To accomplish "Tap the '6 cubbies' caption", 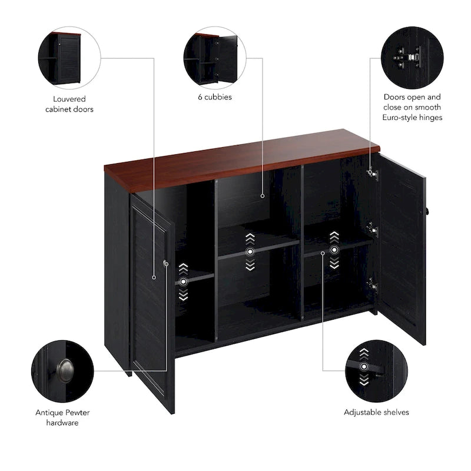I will coord(214,97).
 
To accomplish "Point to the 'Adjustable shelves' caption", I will coord(376,413).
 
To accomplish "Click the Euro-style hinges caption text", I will coord(412,107).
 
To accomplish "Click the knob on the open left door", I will coord(166,264).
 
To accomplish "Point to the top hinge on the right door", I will coord(372,173).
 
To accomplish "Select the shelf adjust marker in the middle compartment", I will coord(250,251).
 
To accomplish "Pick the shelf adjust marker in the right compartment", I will coord(334,250).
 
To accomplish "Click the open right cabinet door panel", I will coord(402,247).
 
